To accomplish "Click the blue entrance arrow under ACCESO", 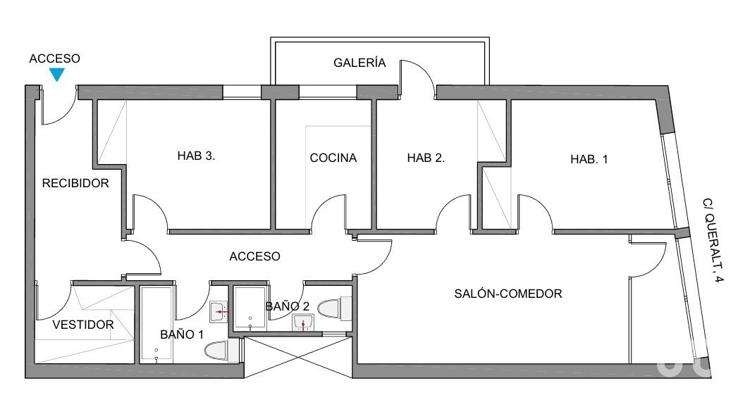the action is pos(57,74).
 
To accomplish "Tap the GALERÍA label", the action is pos(359,63).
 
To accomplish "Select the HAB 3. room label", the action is pos(196,156).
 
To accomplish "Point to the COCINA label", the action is pos(333,158).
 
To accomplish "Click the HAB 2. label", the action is pos(426,158).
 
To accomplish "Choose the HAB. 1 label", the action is pos(589,159).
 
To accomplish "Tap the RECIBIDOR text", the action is pos(75,183).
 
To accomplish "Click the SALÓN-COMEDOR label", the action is pos(508,294).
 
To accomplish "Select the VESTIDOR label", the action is pos(83,325).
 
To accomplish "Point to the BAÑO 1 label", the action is pos(182,334).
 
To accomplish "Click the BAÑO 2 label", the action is pos(288,306).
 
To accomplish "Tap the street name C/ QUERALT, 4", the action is pos(712,239).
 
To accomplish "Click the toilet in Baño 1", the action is pos(222,351).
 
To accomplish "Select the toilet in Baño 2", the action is pos(335,308).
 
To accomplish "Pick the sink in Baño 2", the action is pos(303,323).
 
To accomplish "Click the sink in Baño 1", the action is pos(219,312).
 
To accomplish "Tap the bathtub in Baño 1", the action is pos(156,325).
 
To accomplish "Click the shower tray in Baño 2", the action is pos(250,308).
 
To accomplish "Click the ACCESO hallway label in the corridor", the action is pos(254,256).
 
